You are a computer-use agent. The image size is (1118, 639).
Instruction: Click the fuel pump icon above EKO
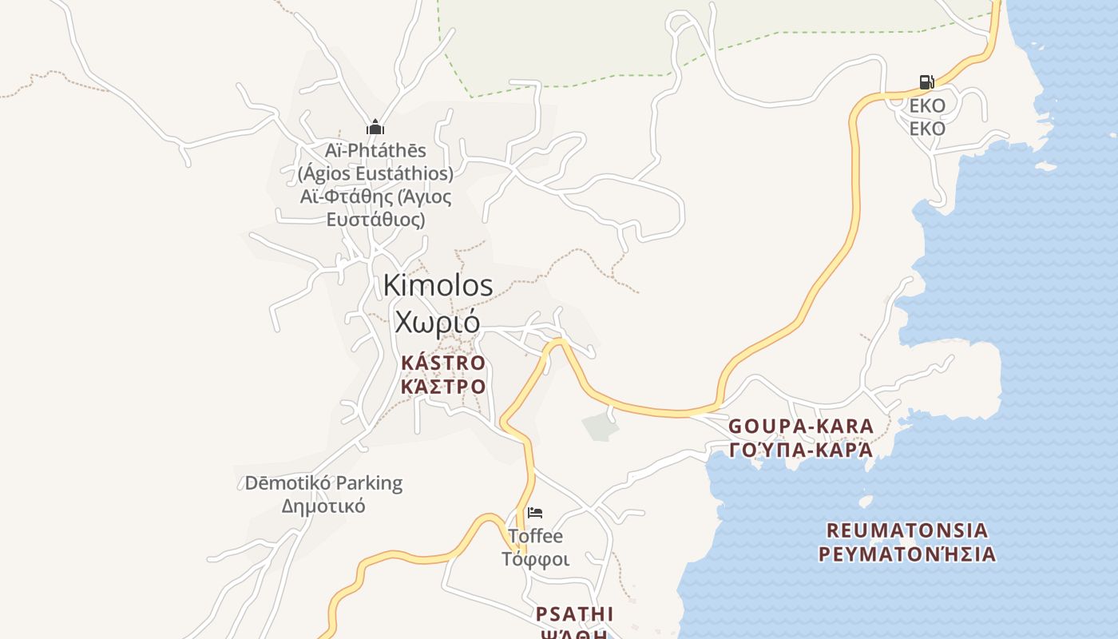coord(926,82)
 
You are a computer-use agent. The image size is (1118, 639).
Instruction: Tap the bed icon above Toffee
coord(535,512)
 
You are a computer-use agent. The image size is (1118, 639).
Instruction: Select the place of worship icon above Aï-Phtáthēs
coord(375,127)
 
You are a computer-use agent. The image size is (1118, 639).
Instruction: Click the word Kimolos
coord(438,285)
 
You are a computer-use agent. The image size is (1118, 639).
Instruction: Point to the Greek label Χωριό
coord(438,321)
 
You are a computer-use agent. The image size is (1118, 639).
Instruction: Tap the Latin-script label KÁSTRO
coord(443,363)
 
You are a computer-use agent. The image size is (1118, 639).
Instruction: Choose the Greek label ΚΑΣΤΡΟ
coord(443,387)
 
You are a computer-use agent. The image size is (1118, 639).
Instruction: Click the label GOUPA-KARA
coord(801,426)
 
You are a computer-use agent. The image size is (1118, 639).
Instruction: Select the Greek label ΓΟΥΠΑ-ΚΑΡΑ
coord(801,450)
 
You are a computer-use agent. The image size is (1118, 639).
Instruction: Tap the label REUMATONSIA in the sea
coord(907,530)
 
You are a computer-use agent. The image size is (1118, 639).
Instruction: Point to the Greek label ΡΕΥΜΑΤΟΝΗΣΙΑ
coord(907,554)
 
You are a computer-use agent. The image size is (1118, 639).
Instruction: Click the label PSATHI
coord(574,613)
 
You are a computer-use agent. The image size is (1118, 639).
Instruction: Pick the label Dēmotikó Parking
coord(323,483)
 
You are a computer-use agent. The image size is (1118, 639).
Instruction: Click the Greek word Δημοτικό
coord(323,506)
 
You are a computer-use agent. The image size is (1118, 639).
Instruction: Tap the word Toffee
coord(535,536)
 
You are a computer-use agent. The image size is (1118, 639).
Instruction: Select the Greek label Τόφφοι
coord(535,559)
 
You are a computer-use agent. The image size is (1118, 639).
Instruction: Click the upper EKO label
coord(927,105)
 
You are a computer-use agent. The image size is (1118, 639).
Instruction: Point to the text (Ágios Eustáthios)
coord(375,173)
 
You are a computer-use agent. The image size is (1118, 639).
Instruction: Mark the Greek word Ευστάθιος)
coord(375,219)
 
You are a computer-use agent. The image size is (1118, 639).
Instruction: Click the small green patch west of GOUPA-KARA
coord(601,427)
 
